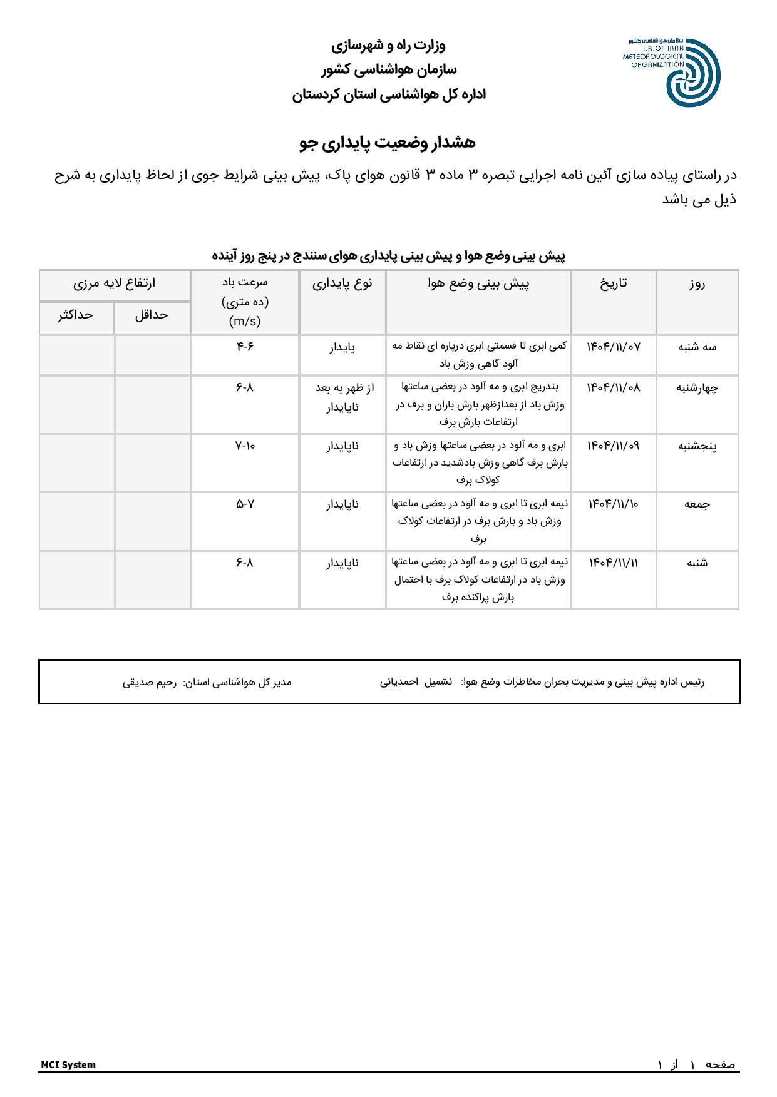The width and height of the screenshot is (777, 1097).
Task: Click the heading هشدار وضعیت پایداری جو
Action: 388,143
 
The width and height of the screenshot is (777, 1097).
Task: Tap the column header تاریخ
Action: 614,283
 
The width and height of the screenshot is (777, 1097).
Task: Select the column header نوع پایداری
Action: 342,283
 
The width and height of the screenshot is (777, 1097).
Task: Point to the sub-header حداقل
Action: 152,315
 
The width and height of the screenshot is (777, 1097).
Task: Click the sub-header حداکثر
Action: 76,315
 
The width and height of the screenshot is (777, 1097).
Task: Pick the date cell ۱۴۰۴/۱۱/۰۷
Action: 614,347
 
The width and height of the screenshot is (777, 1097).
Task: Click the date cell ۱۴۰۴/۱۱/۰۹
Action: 614,446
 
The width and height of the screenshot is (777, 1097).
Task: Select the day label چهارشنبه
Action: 697,388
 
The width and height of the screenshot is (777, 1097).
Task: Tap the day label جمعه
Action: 697,504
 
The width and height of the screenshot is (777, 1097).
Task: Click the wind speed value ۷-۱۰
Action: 245,446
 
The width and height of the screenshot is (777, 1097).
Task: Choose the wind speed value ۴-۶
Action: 245,346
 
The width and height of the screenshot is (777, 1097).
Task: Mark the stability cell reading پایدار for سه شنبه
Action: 342,347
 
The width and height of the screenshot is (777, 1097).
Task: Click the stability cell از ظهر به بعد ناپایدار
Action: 343,397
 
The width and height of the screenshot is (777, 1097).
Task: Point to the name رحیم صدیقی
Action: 150,682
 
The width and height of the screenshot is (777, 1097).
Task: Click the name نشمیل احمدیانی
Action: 416,682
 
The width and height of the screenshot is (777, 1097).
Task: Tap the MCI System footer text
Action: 68,1065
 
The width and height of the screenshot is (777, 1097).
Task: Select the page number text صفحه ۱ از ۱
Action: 696,1065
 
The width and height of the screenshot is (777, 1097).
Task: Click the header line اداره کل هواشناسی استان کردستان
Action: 389,94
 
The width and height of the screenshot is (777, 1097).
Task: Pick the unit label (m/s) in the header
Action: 245,321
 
